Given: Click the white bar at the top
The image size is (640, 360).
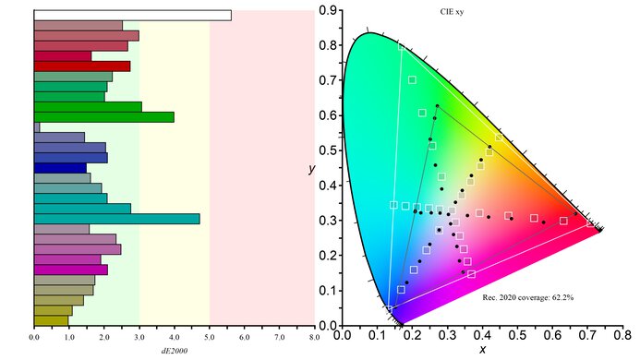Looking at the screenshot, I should pyautogui.click(x=132, y=15).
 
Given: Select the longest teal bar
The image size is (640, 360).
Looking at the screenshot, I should pyautogui.click(x=116, y=219).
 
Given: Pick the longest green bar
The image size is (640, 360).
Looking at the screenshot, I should pyautogui.click(x=103, y=117).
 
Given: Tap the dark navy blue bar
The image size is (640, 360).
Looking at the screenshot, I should pyautogui.click(x=60, y=168).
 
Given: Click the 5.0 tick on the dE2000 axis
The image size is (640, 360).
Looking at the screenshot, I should pyautogui.click(x=210, y=337).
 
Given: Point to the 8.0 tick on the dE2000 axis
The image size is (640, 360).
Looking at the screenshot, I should pyautogui.click(x=314, y=337).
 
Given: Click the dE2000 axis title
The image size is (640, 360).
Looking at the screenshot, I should pyautogui.click(x=174, y=350).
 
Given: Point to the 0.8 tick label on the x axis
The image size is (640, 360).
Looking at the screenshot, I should pyautogui.click(x=623, y=337).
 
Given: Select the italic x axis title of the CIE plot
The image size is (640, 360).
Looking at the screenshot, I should pyautogui.click(x=482, y=351).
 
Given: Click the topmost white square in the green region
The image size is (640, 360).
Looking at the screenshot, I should pyautogui.click(x=412, y=80).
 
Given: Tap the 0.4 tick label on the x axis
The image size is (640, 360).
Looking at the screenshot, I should pyautogui.click(x=483, y=337).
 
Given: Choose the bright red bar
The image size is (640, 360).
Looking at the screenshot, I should pyautogui.click(x=81, y=66).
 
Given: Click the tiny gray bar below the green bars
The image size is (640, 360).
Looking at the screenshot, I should pyautogui.click(x=37, y=127).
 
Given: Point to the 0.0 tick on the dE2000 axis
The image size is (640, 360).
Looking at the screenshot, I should pyautogui.click(x=34, y=337).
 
